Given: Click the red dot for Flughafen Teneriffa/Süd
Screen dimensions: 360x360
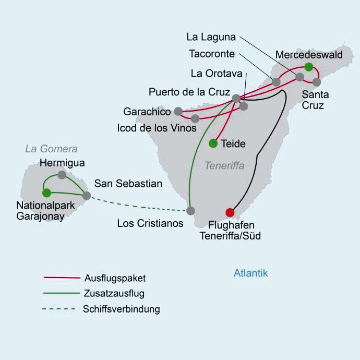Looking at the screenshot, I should click(230, 212).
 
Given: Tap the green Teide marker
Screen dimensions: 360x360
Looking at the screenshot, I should click(213, 143).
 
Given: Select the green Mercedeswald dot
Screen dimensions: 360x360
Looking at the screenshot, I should click(309, 66).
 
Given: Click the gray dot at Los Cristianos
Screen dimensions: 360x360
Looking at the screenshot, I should click(190, 211).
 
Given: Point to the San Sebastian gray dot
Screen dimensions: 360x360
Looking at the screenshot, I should click(87, 196).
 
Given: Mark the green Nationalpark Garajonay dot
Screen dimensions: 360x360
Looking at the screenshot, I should click(46, 193).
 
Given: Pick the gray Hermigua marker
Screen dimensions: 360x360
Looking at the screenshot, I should click(62, 175).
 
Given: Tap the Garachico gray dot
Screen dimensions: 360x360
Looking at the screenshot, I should click(178, 111).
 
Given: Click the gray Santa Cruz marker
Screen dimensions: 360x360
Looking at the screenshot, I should click(316, 81).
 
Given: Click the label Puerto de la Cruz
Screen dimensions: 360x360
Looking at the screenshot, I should click(189, 92).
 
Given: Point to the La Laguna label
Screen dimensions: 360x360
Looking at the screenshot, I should click(211, 37).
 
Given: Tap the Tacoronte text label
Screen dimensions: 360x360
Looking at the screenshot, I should click(213, 53).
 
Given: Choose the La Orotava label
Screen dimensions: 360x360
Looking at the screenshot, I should click(214, 74).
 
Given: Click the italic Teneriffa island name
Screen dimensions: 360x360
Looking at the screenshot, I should click(224, 166).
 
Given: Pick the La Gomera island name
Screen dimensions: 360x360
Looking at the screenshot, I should click(51, 149).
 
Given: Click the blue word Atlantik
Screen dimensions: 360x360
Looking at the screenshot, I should click(250, 273).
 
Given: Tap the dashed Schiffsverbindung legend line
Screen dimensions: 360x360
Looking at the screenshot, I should click(58, 309).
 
